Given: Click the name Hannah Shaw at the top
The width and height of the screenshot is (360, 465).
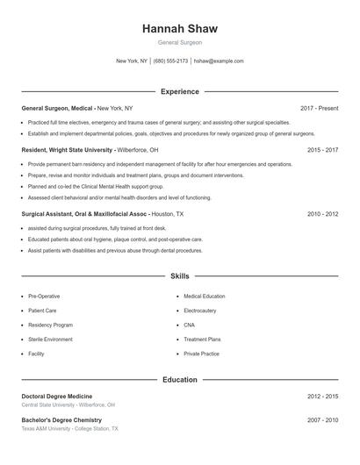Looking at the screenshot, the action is [x=179, y=28].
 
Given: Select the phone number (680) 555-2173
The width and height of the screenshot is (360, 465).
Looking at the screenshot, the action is [x=170, y=61].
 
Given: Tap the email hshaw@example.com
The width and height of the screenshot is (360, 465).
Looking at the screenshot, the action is [x=219, y=61].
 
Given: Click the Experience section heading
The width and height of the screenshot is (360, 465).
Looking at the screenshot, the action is [x=179, y=91].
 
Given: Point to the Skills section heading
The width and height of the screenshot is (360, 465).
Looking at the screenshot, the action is [x=179, y=276].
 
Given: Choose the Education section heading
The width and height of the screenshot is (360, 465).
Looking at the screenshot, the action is [x=179, y=380].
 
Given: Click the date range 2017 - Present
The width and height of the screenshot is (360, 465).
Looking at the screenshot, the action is [x=319, y=108].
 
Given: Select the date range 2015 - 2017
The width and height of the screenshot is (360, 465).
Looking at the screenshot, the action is [x=322, y=150].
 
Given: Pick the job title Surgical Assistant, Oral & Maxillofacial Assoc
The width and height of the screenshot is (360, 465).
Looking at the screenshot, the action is [x=84, y=213].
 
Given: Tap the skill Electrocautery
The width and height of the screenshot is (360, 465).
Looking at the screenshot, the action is [x=200, y=311].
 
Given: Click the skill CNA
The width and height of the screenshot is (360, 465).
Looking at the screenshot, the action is [x=190, y=325].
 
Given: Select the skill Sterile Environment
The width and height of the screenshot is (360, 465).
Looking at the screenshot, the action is [x=50, y=339].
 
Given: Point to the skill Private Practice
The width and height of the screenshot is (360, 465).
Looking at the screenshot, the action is [x=201, y=354].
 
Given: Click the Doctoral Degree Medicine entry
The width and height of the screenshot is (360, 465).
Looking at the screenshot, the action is [x=56, y=397].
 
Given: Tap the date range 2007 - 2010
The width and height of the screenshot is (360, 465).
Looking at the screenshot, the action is [x=322, y=420].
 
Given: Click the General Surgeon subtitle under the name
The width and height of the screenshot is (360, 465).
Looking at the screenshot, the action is [x=179, y=42].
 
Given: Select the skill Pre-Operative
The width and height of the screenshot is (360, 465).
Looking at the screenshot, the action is [x=44, y=297].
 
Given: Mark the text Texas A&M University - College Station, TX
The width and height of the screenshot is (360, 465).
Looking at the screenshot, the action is [x=69, y=428].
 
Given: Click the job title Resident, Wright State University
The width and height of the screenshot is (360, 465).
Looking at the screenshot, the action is [x=68, y=150].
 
